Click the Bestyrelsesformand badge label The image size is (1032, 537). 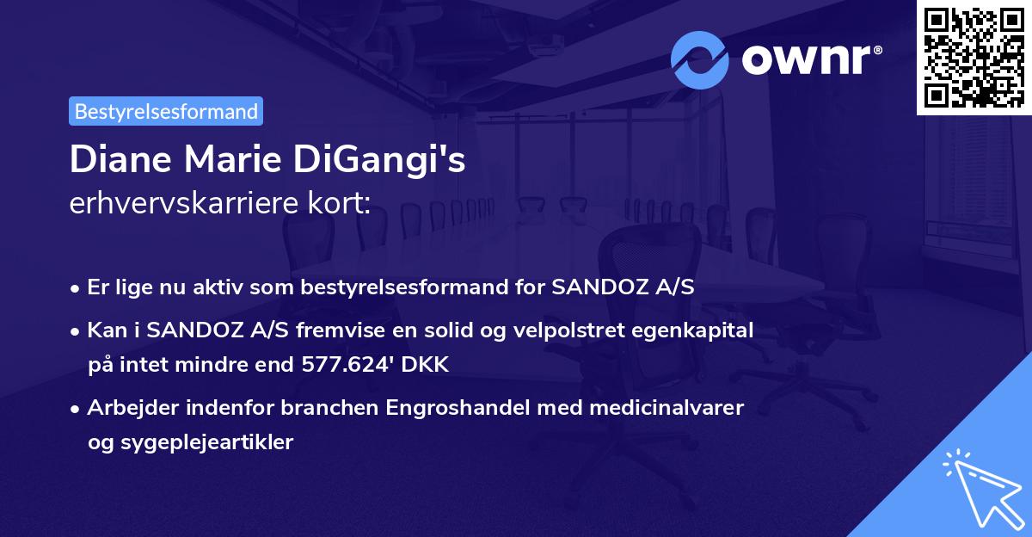166,111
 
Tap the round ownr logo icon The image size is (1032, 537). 700,59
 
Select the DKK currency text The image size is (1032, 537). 428,364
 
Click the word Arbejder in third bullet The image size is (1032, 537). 126,407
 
